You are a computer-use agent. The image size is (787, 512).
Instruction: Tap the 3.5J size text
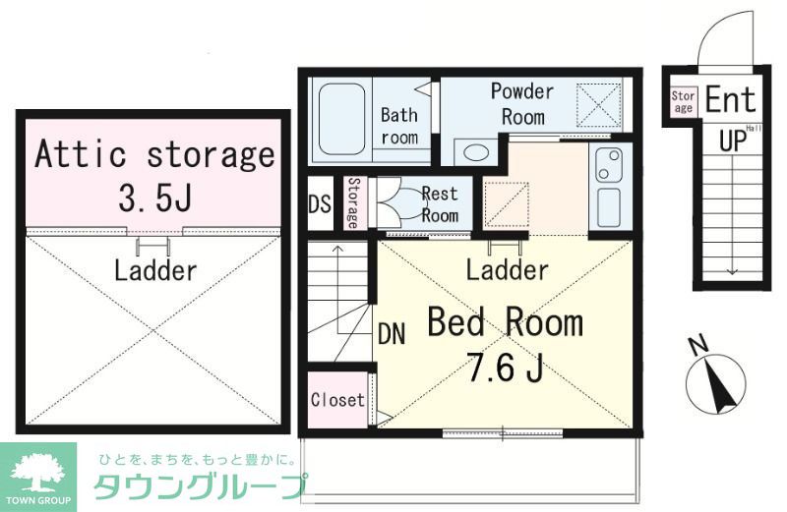coord(154,199)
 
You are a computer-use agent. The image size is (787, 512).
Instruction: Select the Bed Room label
coord(504,322)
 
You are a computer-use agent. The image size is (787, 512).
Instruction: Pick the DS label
coord(320,205)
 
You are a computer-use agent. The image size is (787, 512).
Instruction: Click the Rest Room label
coord(439,204)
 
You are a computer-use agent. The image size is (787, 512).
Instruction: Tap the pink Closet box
coord(337,400)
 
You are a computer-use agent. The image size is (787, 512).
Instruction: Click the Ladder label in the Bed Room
coord(507,269)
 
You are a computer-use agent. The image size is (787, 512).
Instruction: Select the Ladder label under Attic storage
coord(155,269)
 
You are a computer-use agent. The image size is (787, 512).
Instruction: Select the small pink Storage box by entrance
coord(683,102)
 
